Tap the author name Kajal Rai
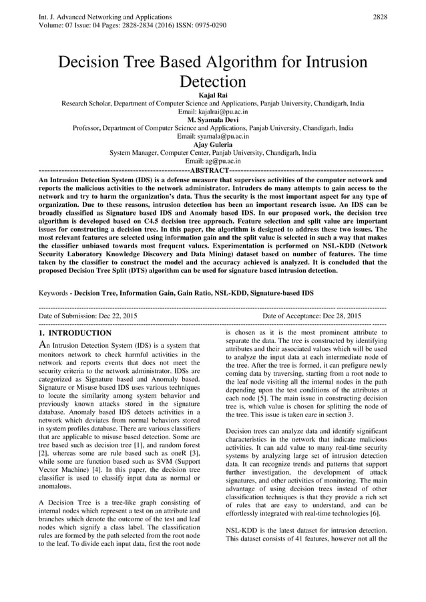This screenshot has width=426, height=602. [x=213, y=96]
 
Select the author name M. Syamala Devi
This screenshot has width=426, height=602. [x=213, y=120]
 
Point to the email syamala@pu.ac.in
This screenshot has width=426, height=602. [x=212, y=136]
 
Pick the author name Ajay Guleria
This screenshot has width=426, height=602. [x=213, y=144]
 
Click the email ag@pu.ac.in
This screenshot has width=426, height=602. [x=212, y=161]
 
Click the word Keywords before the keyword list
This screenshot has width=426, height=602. [x=53, y=293]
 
